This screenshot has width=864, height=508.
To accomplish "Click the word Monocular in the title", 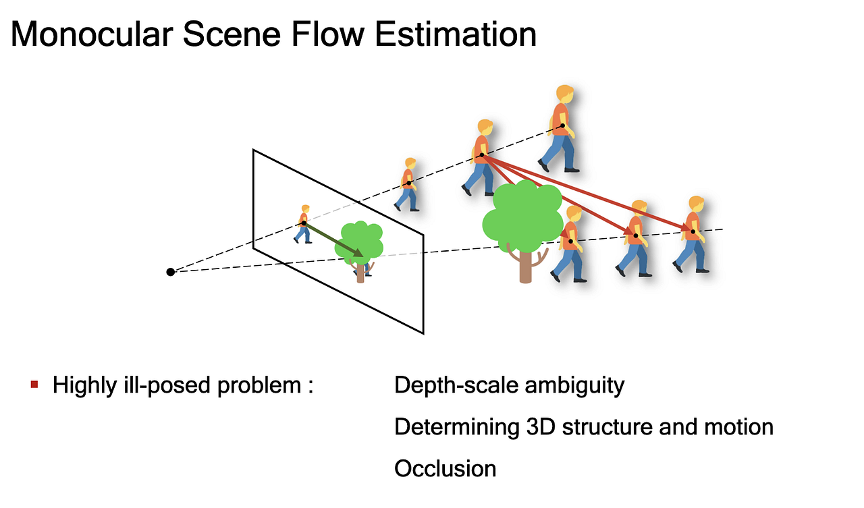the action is click(91, 34).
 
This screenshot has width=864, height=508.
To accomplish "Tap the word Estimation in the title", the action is click(456, 34).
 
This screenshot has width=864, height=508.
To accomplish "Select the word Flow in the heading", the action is click(327, 34).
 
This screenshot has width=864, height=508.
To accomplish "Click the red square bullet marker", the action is click(34, 385).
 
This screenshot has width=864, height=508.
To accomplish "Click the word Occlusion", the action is click(445, 469).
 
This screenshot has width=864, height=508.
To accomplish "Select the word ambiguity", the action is click(574, 385).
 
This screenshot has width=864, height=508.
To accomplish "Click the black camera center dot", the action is click(171, 272).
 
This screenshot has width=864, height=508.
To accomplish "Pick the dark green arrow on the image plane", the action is click(333, 239).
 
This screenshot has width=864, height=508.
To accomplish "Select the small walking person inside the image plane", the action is click(304, 225).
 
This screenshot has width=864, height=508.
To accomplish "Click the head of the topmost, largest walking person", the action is click(565, 94).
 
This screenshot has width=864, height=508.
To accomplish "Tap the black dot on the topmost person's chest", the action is click(563, 125).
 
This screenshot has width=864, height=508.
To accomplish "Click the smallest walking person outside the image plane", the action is click(407, 185).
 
